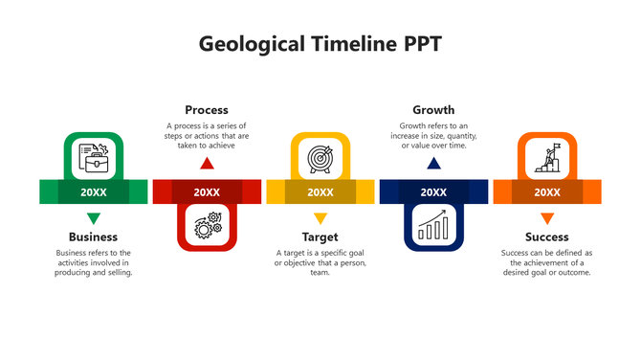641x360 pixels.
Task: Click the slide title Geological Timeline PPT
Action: coord(320,44)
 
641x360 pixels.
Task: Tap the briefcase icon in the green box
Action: coord(93,157)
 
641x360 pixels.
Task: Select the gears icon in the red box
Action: coord(207,226)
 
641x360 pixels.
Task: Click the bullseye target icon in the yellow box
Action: coord(320,157)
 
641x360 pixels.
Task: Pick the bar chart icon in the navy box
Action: coord(433,226)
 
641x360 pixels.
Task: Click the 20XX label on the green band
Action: coord(93,192)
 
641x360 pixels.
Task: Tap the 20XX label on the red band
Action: coord(207,192)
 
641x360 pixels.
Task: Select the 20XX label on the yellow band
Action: coord(320,192)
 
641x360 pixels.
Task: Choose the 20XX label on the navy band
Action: coord(433,192)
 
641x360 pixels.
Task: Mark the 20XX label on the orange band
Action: coord(546,192)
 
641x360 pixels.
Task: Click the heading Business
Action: coord(93,236)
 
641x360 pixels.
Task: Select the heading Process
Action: coord(207,110)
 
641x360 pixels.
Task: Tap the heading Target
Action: coord(320,236)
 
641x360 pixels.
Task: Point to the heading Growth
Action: coord(433,110)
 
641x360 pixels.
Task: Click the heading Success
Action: coord(546,236)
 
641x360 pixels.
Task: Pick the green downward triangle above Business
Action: coord(93,217)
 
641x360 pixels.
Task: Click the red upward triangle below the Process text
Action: coord(207,164)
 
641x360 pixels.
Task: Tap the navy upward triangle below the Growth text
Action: coord(433,164)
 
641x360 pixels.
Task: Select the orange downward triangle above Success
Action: coord(546,217)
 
